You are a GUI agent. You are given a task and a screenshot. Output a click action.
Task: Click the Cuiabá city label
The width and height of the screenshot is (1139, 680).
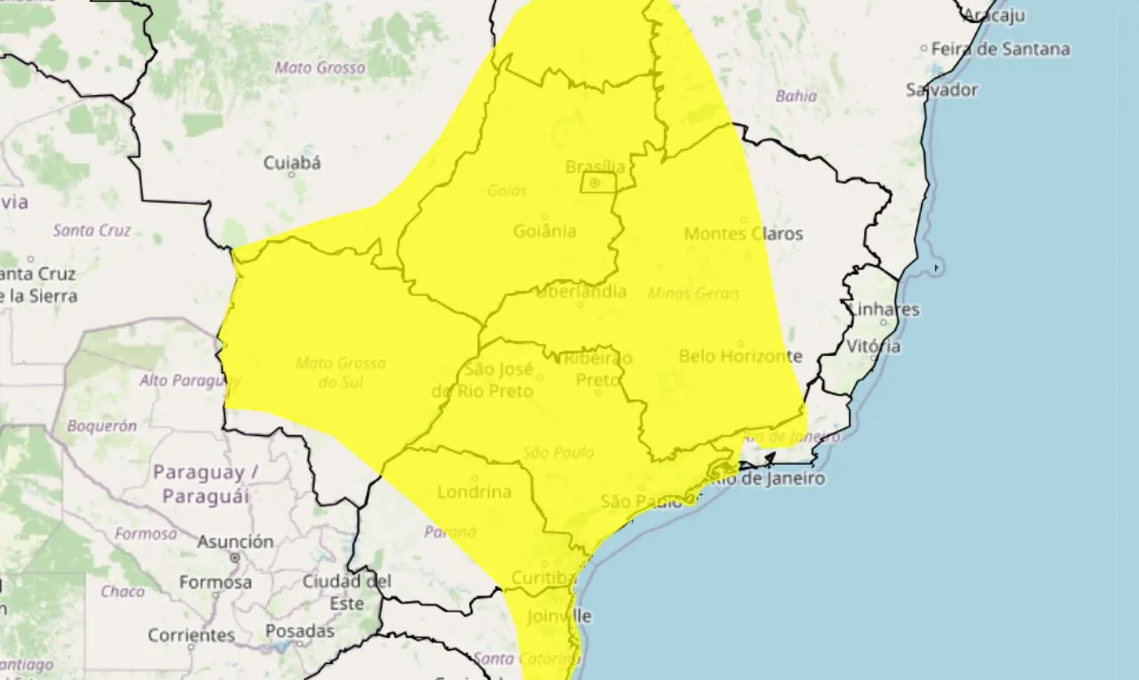tap(292, 163)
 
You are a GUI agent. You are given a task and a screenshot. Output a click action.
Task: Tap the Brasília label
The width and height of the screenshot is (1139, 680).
tap(595, 166)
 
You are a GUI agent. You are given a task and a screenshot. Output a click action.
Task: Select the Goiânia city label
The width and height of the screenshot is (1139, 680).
tap(545, 231)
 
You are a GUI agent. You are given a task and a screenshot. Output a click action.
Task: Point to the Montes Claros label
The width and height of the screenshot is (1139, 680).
tap(743, 234)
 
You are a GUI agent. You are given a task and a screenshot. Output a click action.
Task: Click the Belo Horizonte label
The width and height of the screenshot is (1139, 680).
tap(740, 356)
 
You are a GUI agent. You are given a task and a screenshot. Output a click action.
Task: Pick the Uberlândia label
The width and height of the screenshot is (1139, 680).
tap(581, 291)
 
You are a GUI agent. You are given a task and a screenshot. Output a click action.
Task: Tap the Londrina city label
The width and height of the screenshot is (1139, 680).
tap(474, 491)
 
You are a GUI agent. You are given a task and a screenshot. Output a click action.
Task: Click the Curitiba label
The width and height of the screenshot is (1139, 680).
tap(545, 579)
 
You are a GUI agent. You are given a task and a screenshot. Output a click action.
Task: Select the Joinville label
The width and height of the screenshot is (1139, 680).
tap(559, 616)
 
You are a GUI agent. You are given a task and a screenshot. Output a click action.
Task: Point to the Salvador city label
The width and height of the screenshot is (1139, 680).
tap(941, 90)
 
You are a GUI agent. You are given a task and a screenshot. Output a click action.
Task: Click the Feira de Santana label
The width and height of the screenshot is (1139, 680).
tap(1000, 50)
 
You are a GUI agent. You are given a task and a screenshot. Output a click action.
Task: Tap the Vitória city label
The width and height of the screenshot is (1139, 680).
tap(874, 346)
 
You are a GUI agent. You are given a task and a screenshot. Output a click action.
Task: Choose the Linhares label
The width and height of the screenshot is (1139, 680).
tap(885, 310)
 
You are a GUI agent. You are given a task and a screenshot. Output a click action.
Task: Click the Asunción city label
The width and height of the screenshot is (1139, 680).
tap(236, 541)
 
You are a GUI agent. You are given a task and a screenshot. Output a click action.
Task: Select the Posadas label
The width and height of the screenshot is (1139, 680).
tap(300, 631)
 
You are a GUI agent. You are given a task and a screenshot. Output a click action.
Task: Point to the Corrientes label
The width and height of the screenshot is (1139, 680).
tap(191, 635)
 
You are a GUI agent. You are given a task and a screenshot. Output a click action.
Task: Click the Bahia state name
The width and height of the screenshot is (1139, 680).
tap(796, 96)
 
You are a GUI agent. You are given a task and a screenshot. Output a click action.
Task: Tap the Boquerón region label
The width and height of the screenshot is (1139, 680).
tap(102, 425)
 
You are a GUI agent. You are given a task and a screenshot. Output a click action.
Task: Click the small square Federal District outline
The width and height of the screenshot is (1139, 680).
tap(598, 183)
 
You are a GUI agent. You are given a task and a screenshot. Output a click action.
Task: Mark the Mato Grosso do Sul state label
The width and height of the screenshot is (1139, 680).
tap(341, 373)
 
